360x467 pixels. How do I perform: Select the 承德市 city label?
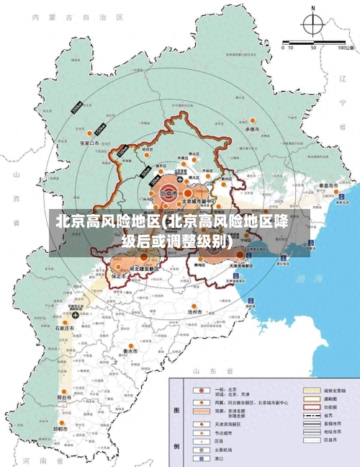pos(252,129)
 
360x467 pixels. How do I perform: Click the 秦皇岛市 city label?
pos(330,185)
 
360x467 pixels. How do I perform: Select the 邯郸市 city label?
pos(59,429)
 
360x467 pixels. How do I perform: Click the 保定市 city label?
pos(120,276)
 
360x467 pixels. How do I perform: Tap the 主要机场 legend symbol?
pos(197,449)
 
